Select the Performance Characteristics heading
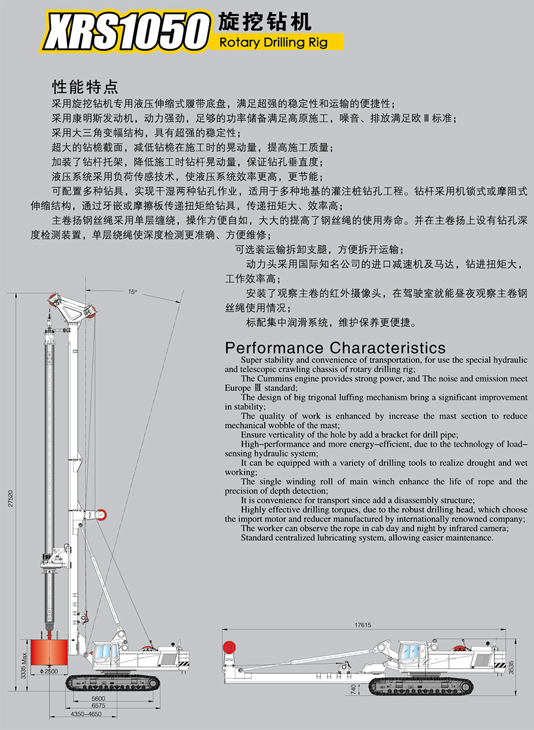pyautogui.click(x=335, y=348)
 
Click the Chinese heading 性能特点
pyautogui.click(x=85, y=87)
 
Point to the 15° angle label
pyautogui.click(x=133, y=292)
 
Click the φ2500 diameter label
pyautogui.click(x=49, y=671)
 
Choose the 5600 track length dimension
pyautogui.click(x=98, y=698)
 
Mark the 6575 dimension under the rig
pyautogui.click(x=98, y=706)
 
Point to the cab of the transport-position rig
pyautogui.click(x=411, y=653)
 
